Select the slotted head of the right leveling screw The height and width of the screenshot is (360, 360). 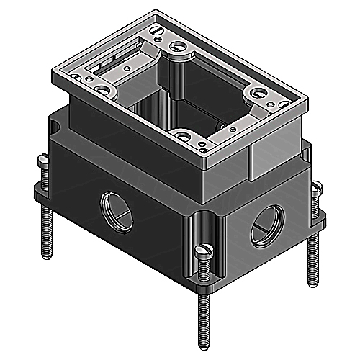(319, 189)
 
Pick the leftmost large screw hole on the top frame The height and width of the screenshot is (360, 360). (104, 91)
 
